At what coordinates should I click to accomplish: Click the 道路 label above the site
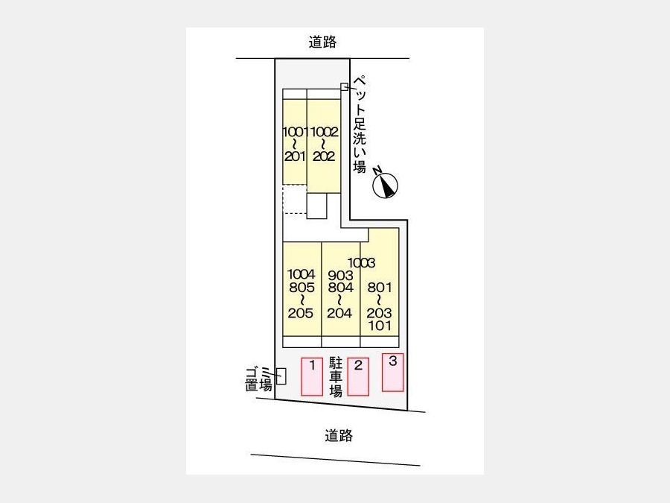(322, 42)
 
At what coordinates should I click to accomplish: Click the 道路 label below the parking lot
(339, 436)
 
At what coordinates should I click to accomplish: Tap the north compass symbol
(386, 185)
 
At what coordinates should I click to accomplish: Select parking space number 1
(312, 377)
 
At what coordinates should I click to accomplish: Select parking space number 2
(358, 377)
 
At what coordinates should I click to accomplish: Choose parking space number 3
(392, 372)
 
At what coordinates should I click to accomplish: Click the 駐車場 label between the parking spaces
(336, 377)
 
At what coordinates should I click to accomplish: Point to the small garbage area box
(281, 376)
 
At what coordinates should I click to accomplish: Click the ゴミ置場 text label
(258, 379)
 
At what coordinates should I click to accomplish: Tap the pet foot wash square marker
(344, 87)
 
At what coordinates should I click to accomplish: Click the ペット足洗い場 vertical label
(360, 124)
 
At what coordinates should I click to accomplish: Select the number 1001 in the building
(295, 132)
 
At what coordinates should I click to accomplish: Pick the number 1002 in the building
(325, 132)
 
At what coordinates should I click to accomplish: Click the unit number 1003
(361, 262)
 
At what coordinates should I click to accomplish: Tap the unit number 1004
(301, 274)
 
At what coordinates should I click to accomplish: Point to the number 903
(340, 276)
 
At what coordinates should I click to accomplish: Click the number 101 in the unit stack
(380, 326)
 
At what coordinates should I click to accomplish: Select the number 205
(301, 313)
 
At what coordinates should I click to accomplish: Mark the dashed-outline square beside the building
(295, 199)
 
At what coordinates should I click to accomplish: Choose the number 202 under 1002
(324, 156)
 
